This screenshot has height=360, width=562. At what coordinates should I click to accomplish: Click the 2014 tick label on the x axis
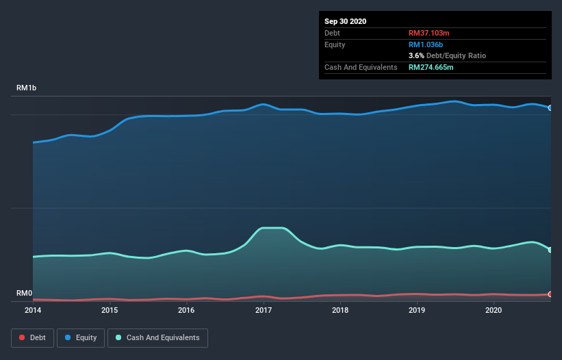tap(33, 310)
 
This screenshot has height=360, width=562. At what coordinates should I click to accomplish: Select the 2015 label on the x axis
tap(110, 310)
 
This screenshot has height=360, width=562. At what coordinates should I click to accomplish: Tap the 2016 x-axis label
tap(186, 310)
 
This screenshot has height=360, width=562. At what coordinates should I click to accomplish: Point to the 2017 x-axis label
tap(264, 310)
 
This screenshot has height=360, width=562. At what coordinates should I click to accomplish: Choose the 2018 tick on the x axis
tap(340, 310)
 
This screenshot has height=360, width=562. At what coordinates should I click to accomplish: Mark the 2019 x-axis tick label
tap(417, 310)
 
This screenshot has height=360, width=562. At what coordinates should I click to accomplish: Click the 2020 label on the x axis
tap(494, 310)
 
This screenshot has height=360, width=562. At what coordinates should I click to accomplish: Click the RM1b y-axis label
tap(27, 88)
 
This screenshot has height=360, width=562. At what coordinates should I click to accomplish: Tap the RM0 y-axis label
tap(24, 294)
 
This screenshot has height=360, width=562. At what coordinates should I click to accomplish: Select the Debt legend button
tap(31, 337)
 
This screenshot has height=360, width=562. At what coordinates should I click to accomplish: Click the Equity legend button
tap(81, 337)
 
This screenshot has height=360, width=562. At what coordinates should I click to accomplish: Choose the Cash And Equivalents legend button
tap(157, 337)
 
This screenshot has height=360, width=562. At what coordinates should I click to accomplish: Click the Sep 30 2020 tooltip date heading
tap(346, 21)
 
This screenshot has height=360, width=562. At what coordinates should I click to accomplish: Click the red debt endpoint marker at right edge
tap(550, 294)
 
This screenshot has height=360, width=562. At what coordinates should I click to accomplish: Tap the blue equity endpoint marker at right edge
tap(550, 108)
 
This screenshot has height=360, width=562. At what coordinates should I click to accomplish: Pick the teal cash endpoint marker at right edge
tap(550, 250)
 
